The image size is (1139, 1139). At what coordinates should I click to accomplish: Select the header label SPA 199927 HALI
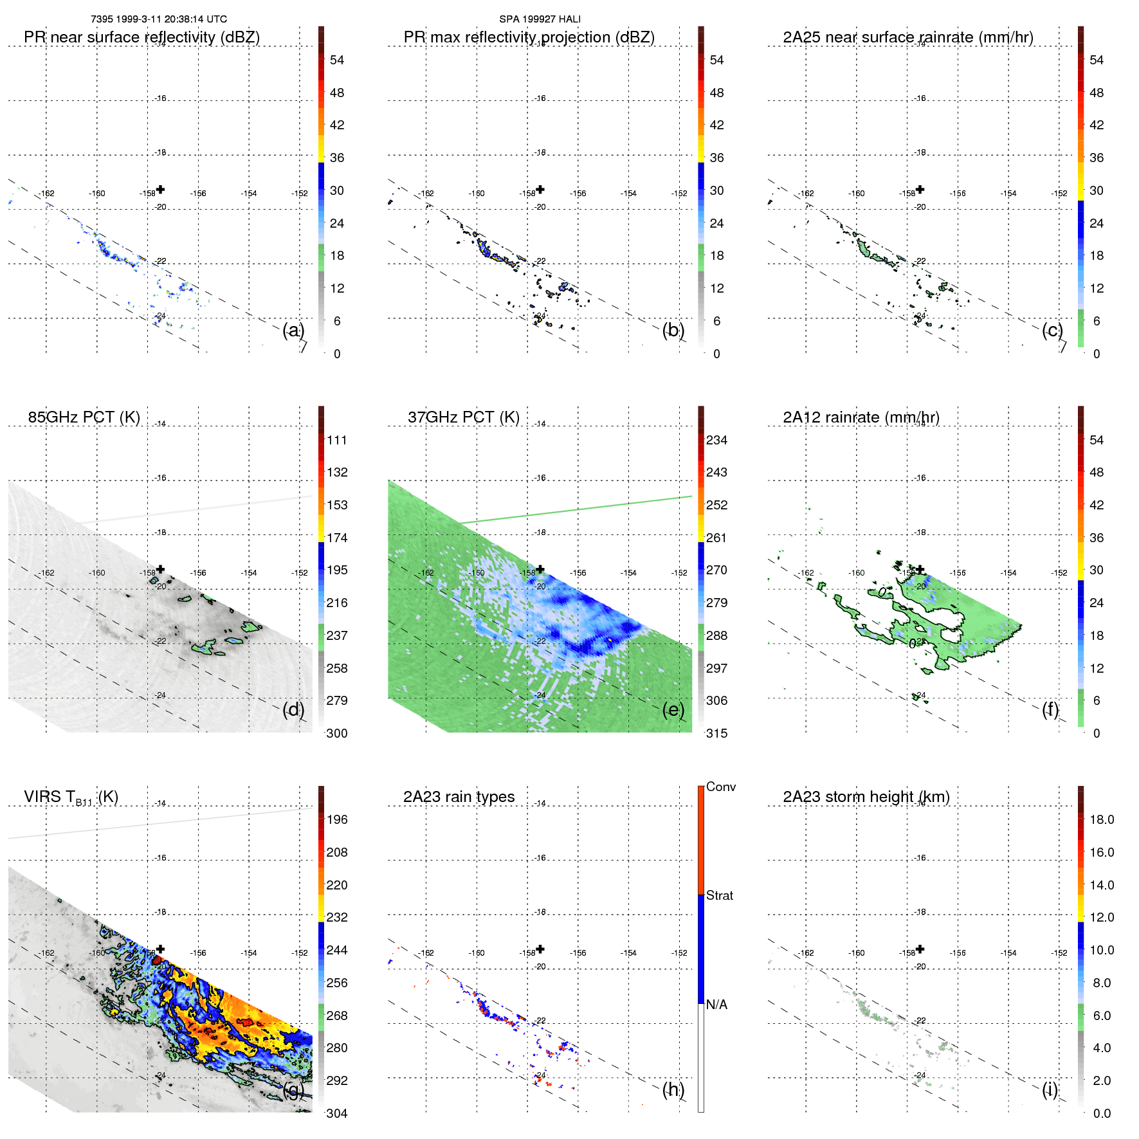(x=540, y=19)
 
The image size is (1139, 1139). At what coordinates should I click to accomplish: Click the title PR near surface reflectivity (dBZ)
(x=141, y=37)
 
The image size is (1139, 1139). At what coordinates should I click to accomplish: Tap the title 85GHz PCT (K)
(x=84, y=417)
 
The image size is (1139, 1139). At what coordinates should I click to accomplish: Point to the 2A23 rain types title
(x=459, y=797)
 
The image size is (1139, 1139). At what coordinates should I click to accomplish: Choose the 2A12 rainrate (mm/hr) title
(x=861, y=417)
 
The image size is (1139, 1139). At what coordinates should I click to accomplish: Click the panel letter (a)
(x=293, y=330)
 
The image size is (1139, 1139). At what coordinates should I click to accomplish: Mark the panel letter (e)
(x=673, y=709)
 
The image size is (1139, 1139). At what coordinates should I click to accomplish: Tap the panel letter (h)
(x=673, y=1089)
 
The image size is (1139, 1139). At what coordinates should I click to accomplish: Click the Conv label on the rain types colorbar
(x=720, y=787)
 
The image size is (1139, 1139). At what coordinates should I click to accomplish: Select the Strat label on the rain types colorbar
(x=719, y=895)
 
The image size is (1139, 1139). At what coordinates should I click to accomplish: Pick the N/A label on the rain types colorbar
(x=716, y=1005)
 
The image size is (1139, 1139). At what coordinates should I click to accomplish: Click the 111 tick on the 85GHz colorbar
(x=337, y=440)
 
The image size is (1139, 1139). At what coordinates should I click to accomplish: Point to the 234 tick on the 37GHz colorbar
(x=716, y=440)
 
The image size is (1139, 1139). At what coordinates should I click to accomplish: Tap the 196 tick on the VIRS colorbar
(x=337, y=819)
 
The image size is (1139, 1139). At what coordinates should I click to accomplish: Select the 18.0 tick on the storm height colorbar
(x=1101, y=819)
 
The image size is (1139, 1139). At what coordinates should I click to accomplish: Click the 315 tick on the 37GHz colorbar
(x=716, y=733)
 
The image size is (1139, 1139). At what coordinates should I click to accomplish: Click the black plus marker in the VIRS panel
(x=161, y=949)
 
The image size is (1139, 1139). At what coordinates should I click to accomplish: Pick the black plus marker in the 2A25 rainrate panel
(x=920, y=189)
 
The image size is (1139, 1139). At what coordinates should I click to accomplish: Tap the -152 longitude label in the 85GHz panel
(x=300, y=573)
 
